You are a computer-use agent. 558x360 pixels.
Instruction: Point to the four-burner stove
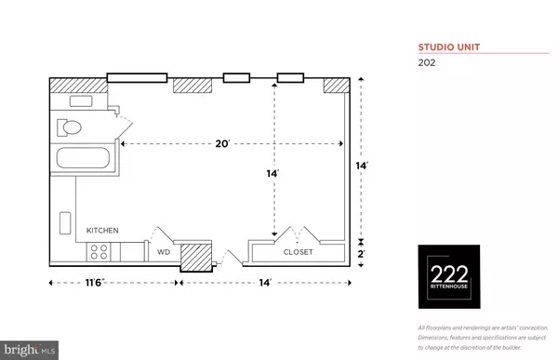coord(100,251)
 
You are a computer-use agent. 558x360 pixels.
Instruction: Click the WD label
coord(162,252)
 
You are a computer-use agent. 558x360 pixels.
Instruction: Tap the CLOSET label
coord(299,252)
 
